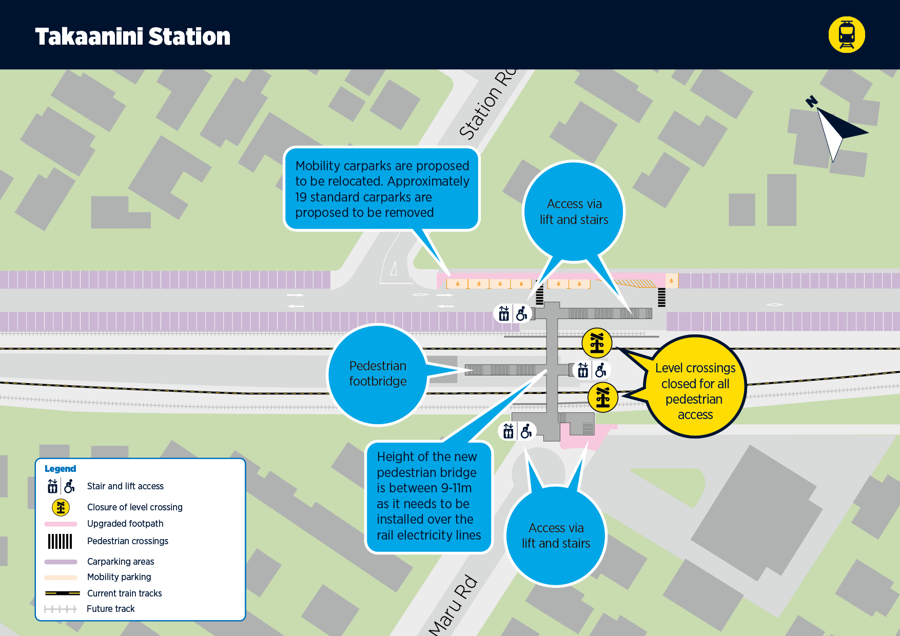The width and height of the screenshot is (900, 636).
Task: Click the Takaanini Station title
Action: point(132,36)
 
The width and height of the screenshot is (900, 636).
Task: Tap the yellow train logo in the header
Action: point(847,35)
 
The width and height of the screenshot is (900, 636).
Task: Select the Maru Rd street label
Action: point(453,606)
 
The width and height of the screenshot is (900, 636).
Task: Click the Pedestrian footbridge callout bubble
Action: point(378,374)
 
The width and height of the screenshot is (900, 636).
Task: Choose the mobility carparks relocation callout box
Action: point(382,189)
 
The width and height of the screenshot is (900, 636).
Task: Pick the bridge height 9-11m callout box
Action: point(428,496)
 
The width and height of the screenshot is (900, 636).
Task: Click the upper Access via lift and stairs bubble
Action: point(574,211)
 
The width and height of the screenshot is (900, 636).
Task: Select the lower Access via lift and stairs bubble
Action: point(556,535)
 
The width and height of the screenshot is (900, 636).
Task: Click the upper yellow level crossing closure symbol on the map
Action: point(597,343)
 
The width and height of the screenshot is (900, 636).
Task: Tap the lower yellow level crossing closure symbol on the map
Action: point(603,397)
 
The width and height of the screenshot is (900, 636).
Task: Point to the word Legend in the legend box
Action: point(60,469)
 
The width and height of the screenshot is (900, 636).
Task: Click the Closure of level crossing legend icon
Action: point(61,507)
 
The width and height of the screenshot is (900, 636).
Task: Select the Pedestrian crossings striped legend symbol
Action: point(60,541)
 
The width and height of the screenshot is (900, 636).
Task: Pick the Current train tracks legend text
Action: point(125,593)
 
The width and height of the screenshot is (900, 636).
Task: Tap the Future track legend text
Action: point(111,609)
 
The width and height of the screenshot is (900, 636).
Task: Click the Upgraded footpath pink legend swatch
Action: point(61,524)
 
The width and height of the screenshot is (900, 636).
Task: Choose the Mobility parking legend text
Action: point(119,577)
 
